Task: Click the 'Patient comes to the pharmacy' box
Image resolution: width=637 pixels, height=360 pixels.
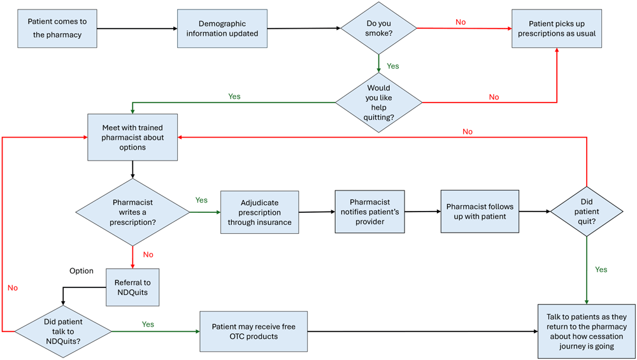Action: [57, 28]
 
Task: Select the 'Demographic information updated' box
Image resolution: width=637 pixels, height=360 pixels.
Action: [222, 28]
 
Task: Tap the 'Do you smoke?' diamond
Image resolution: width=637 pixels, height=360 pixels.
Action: [378, 28]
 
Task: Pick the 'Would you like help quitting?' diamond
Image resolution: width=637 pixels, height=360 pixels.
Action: [378, 102]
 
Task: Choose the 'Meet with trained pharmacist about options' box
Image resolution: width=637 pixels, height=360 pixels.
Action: [132, 138]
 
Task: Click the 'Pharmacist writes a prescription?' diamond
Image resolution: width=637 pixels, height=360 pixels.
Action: [132, 212]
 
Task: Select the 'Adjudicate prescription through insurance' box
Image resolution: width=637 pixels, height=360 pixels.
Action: [259, 213]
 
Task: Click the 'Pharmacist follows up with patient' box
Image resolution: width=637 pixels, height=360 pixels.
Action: [480, 212]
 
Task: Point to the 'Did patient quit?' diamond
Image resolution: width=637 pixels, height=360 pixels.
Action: [587, 211]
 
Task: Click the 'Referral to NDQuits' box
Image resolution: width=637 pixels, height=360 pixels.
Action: [132, 287]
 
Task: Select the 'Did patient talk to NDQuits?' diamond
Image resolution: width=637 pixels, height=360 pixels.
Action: [62, 331]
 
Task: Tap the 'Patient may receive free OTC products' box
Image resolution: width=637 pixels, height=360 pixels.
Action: [254, 331]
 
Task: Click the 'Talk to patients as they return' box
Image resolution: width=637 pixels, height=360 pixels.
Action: [587, 331]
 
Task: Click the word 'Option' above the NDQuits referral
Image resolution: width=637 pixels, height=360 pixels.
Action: [82, 271]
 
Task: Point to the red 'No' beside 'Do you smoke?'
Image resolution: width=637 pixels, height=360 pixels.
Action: [461, 22]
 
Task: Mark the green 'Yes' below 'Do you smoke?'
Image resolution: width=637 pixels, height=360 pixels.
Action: [393, 66]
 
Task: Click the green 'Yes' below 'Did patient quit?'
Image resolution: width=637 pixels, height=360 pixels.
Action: [601, 270]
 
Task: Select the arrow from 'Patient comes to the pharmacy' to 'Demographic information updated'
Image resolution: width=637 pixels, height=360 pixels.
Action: [138, 28]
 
